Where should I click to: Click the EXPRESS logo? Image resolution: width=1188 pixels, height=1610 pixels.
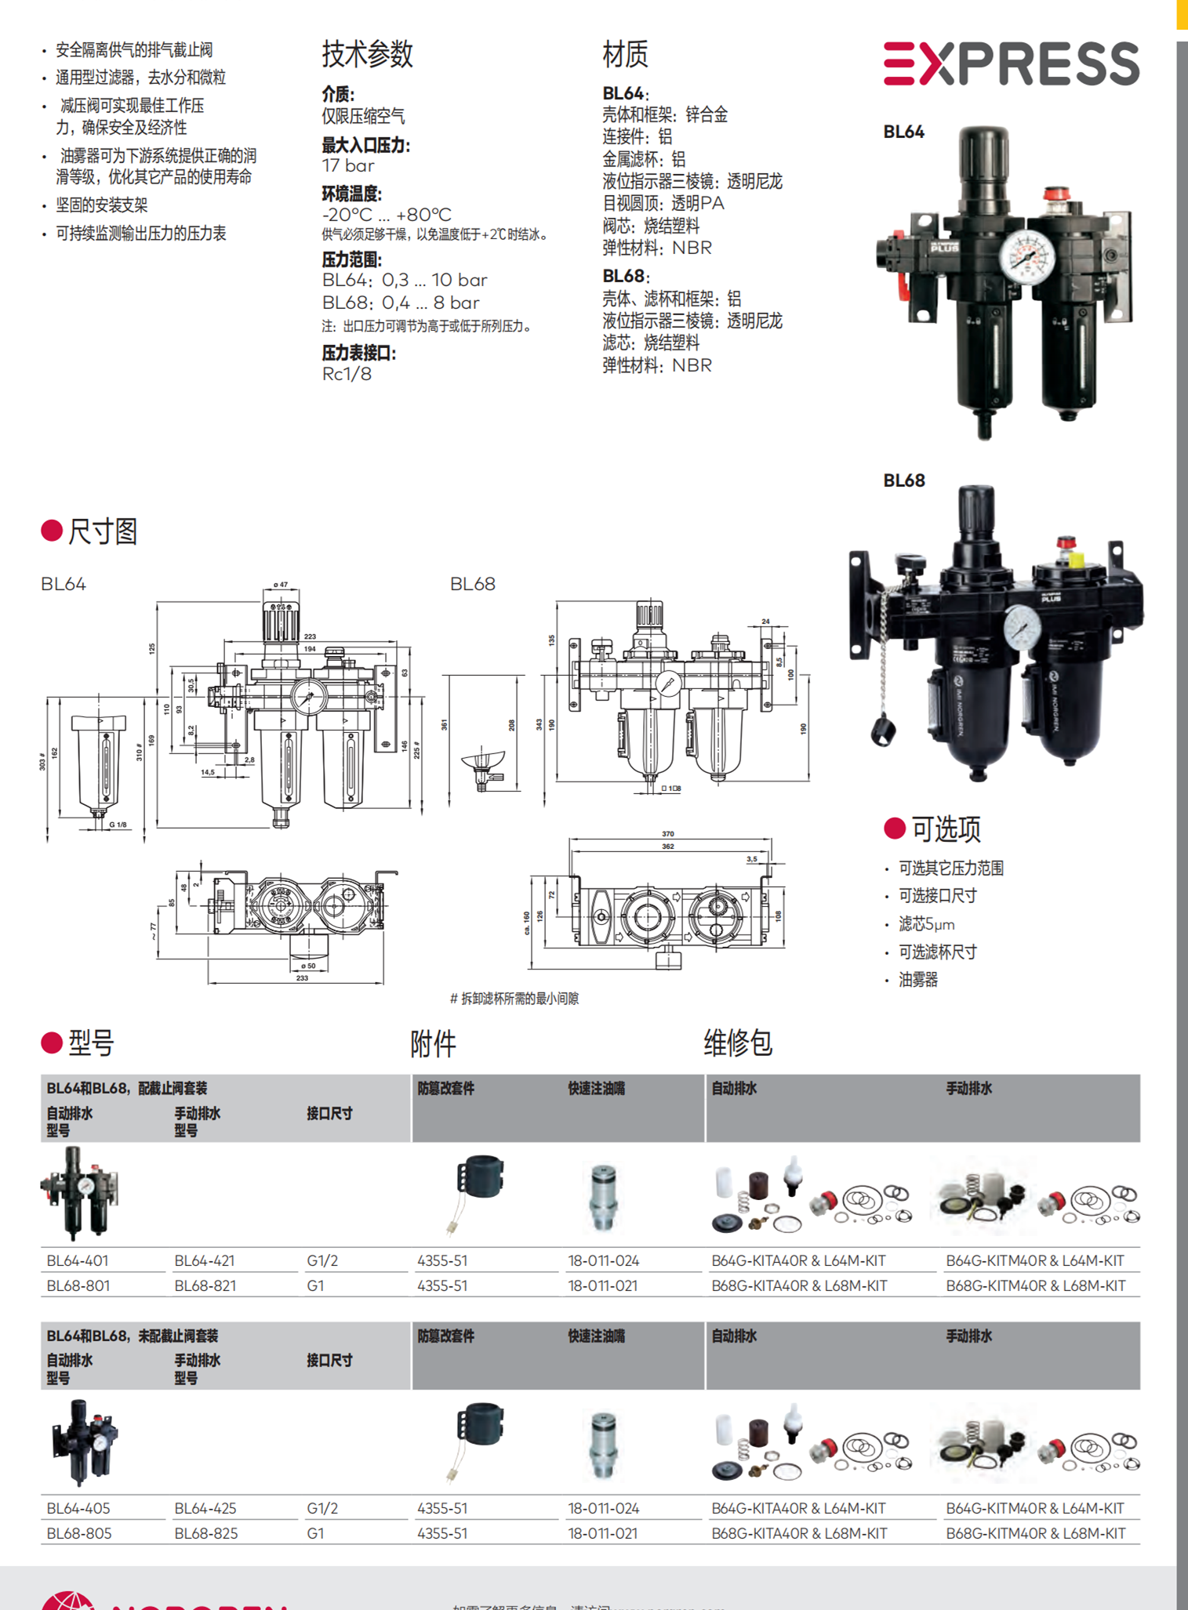tap(1011, 63)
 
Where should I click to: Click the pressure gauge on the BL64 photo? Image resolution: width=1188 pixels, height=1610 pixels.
tap(1026, 256)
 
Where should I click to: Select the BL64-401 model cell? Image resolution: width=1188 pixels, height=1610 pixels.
tap(78, 1260)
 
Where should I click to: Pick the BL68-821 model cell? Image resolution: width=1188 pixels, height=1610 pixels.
tap(205, 1285)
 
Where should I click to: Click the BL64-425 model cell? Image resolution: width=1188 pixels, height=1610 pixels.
tap(205, 1508)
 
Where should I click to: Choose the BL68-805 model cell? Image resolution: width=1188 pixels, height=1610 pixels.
tap(78, 1533)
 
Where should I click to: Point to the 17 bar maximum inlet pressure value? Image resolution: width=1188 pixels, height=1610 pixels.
tap(348, 166)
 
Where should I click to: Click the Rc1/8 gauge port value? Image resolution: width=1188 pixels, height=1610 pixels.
tap(347, 374)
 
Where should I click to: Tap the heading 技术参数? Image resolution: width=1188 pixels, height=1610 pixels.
tap(367, 54)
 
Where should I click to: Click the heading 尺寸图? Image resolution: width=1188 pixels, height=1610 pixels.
tap(102, 531)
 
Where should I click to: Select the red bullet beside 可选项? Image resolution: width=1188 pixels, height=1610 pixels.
tap(895, 828)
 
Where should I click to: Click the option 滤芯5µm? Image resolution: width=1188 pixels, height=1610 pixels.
tap(926, 924)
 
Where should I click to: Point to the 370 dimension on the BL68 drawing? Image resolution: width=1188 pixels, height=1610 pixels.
tap(668, 834)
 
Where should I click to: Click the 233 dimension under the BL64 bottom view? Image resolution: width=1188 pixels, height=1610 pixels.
tap(302, 977)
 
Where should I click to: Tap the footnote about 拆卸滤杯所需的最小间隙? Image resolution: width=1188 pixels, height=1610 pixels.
tap(514, 998)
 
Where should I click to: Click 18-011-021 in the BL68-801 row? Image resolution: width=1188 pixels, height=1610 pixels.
tap(602, 1285)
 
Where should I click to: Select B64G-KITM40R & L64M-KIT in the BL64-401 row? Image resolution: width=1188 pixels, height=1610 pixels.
tap(1034, 1260)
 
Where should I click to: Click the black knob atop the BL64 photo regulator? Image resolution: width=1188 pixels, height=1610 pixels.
tap(983, 156)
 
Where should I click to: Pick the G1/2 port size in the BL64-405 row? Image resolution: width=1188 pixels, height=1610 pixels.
tap(322, 1508)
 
